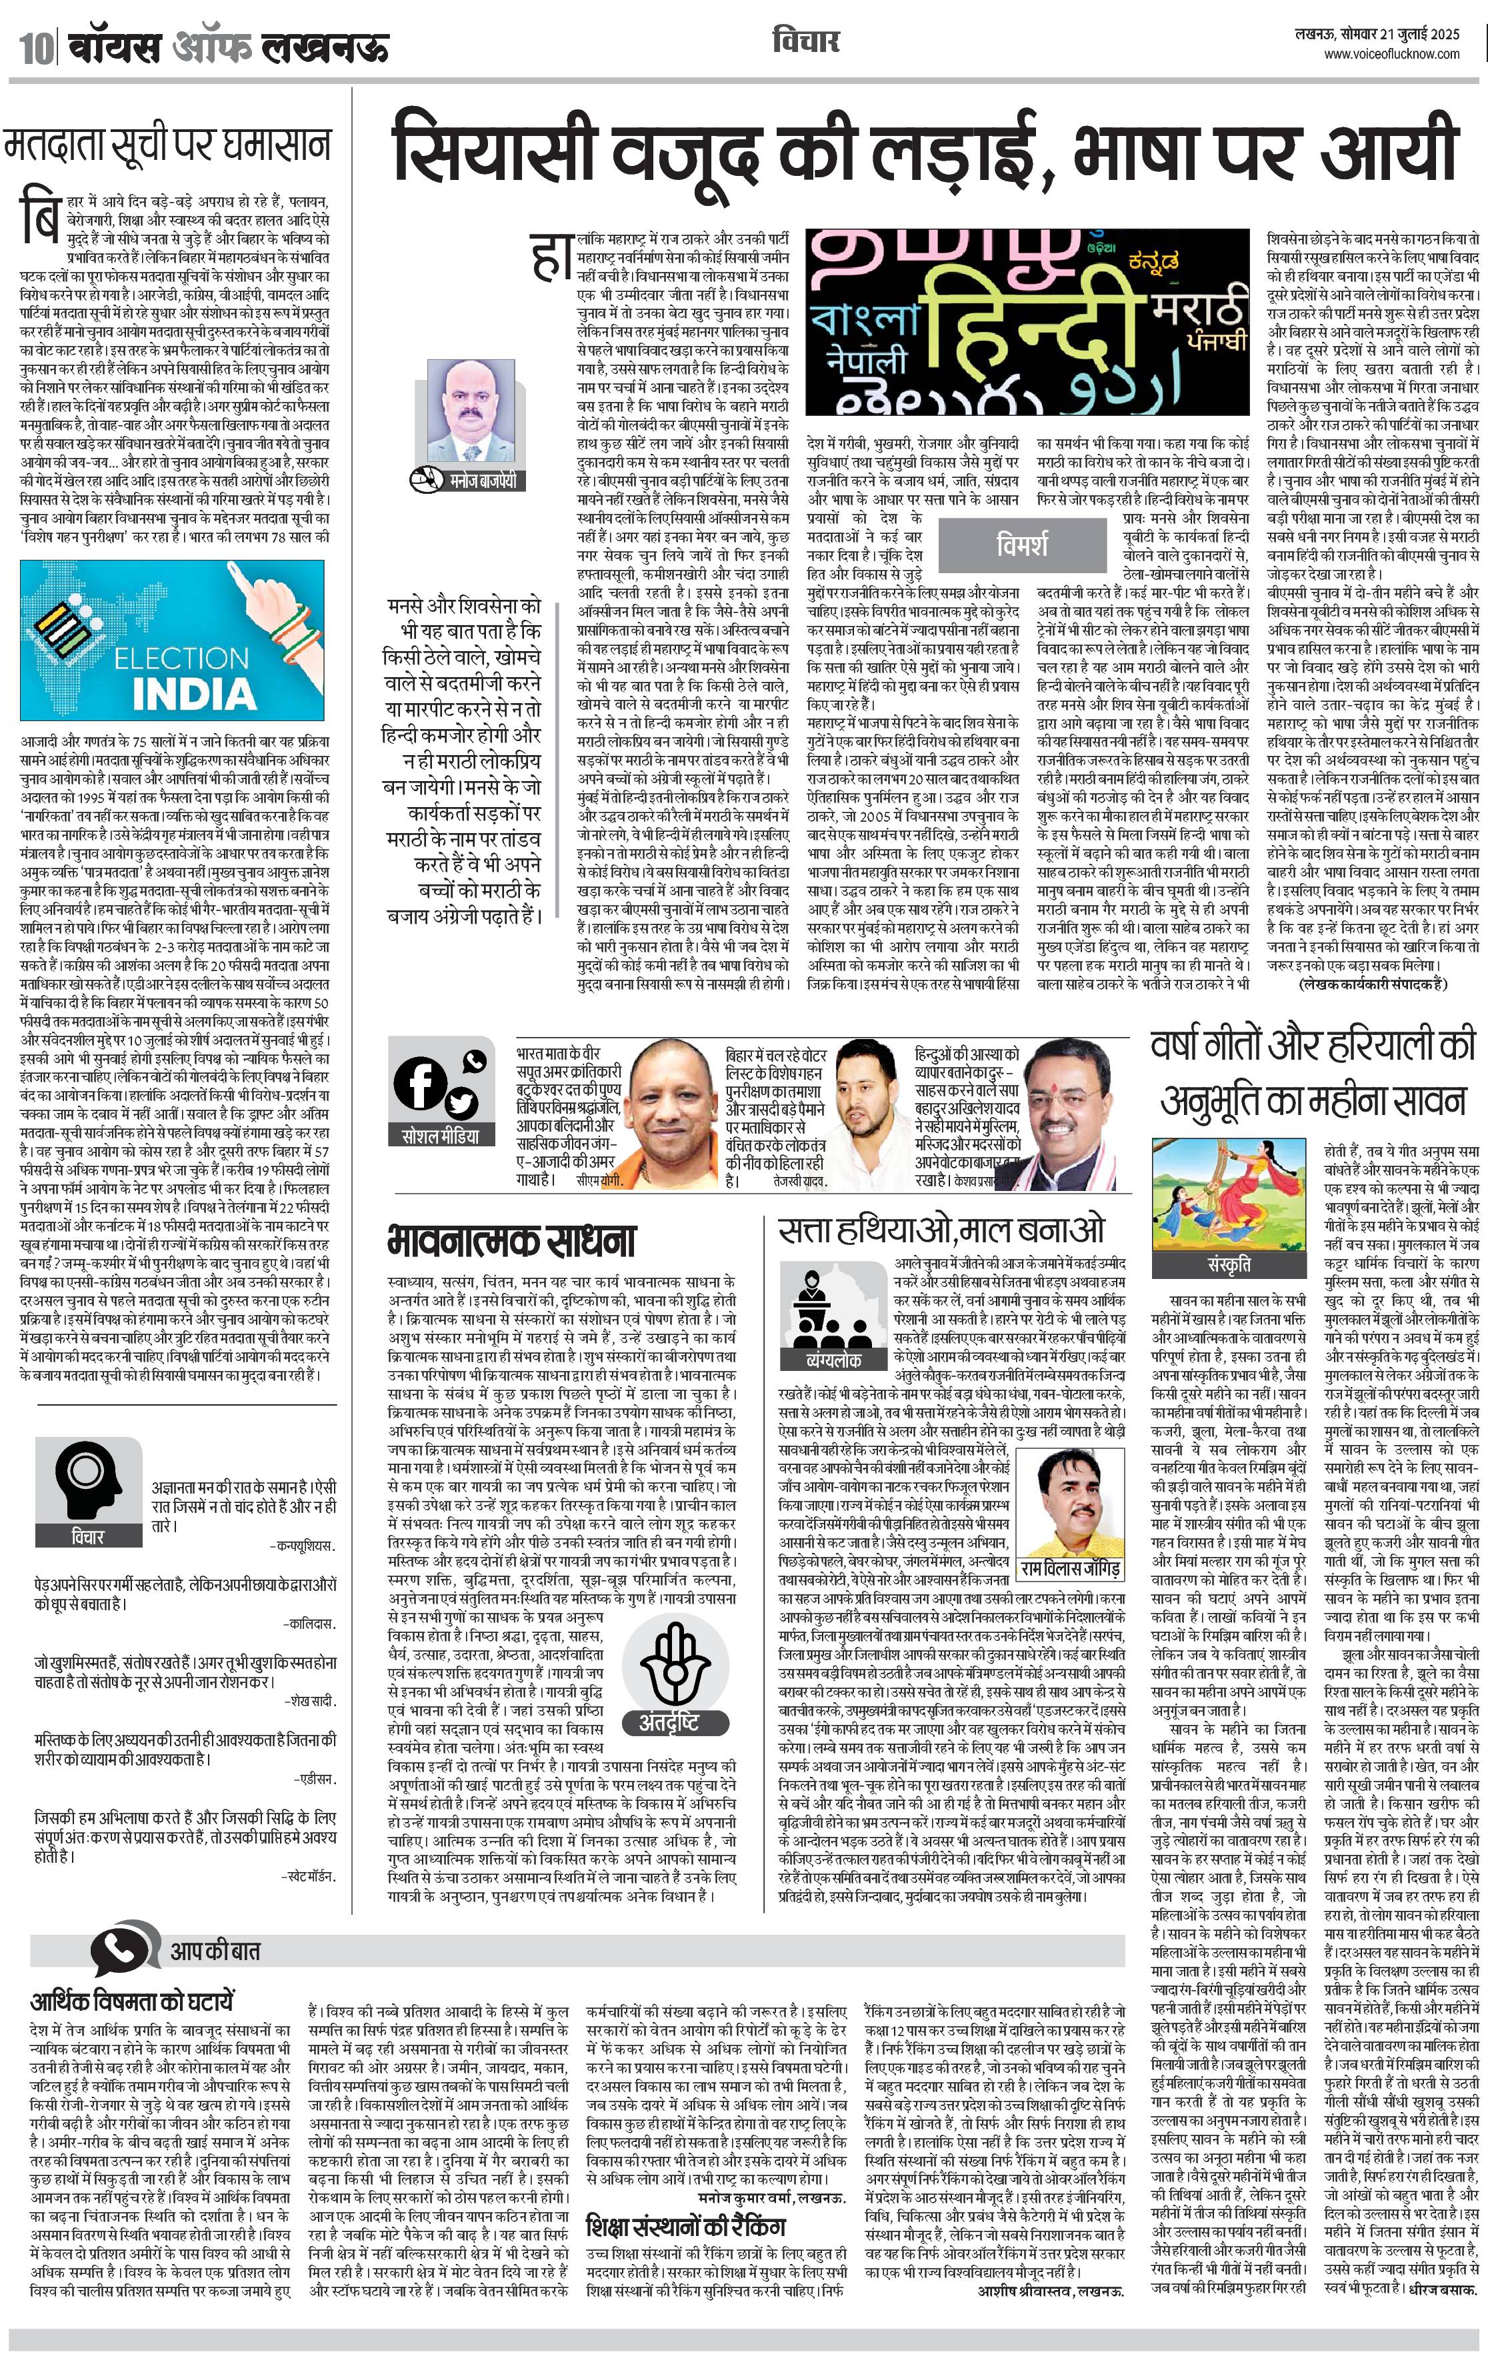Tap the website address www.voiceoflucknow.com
coord(1391,55)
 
